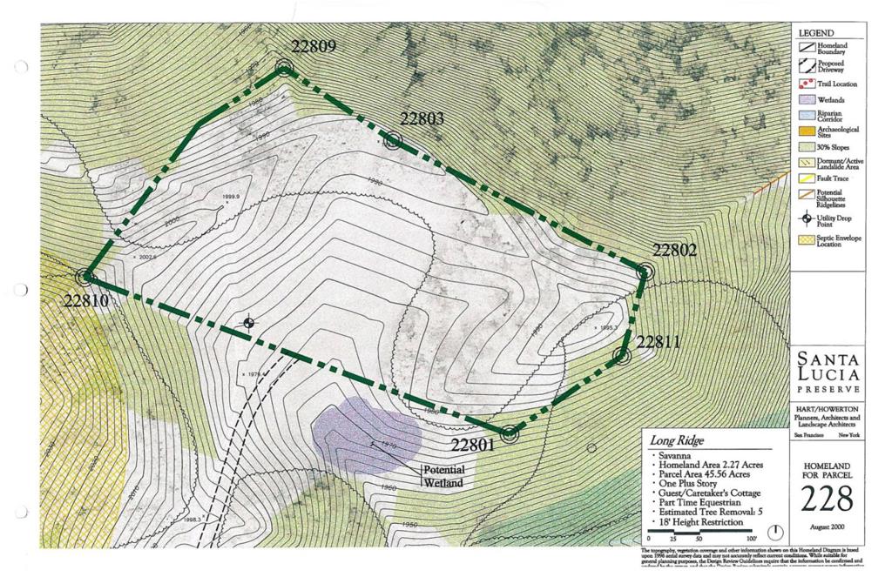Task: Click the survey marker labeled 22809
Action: click(284, 67)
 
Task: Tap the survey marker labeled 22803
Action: click(393, 140)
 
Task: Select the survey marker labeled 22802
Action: click(645, 272)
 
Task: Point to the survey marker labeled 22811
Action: click(621, 355)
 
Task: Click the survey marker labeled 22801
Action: click(510, 433)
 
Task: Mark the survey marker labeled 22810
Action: click(85, 277)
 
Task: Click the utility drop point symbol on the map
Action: click(249, 324)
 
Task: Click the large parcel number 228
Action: click(828, 499)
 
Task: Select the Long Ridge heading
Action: click(677, 440)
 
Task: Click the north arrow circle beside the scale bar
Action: click(776, 532)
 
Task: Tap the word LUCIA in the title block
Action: click(828, 373)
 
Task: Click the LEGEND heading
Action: click(816, 33)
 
